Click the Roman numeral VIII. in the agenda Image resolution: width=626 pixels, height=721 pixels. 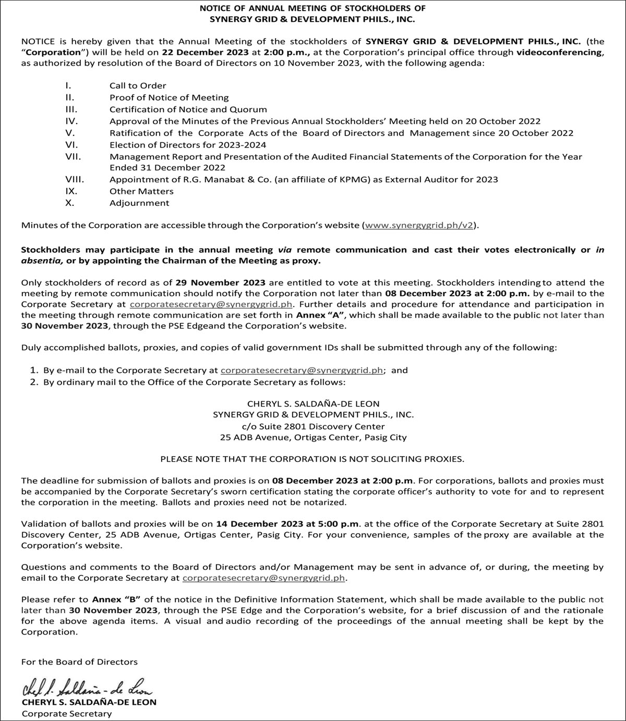pos(75,179)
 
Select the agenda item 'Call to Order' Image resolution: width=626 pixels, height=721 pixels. pos(138,85)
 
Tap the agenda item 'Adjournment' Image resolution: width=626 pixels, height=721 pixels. pos(139,203)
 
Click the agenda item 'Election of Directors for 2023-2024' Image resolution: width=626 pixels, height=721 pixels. pos(188,145)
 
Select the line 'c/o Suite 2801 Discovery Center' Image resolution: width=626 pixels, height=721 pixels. pos(313,426)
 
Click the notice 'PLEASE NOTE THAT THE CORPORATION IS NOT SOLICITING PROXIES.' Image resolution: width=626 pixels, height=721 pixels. pos(312,459)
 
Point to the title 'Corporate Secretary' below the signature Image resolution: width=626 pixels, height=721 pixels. pos(67,714)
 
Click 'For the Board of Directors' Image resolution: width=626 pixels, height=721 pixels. pos(79,662)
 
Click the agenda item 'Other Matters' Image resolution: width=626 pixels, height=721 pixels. pos(141,191)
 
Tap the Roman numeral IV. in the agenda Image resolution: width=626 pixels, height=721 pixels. pos(71,121)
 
